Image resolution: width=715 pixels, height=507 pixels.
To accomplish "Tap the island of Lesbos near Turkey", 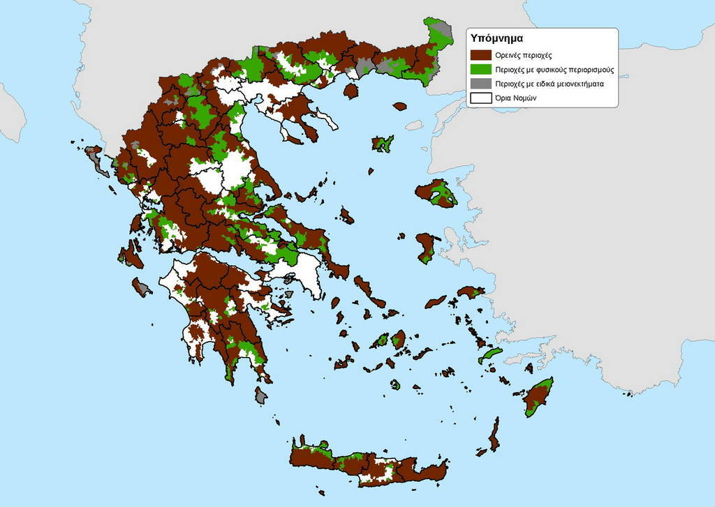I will tap(436, 193).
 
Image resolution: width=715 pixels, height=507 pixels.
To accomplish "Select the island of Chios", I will tap(425, 247).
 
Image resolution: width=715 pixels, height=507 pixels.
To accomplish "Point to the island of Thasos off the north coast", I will tap(351, 91).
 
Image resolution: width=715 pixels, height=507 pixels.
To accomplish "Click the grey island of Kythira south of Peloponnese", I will tap(261, 395).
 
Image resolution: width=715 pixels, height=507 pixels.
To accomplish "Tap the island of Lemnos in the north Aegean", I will tap(382, 144).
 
